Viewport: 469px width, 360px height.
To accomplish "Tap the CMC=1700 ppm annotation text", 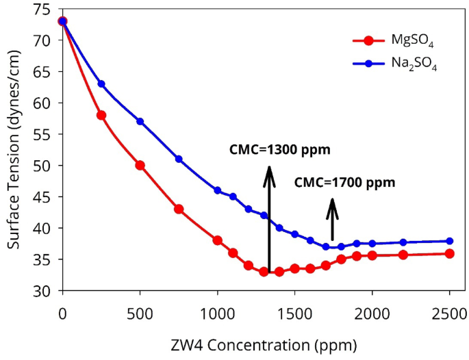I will pyautogui.click(x=344, y=183).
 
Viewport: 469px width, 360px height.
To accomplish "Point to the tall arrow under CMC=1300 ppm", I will pyautogui.click(x=270, y=219).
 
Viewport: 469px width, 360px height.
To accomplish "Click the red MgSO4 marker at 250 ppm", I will pyautogui.click(x=101, y=115).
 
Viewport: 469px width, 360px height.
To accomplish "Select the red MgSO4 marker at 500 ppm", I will pyautogui.click(x=140, y=165).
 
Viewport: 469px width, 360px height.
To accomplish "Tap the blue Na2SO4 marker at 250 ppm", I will pyautogui.click(x=101, y=84).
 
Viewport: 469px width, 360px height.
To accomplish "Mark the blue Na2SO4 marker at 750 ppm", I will pyautogui.click(x=179, y=159).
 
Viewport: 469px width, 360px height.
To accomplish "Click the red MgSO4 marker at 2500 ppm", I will pyautogui.click(x=450, y=253).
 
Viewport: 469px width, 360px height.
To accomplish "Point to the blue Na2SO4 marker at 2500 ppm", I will pyautogui.click(x=450, y=241).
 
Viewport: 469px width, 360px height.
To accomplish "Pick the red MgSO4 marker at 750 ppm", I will pyautogui.click(x=179, y=209).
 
